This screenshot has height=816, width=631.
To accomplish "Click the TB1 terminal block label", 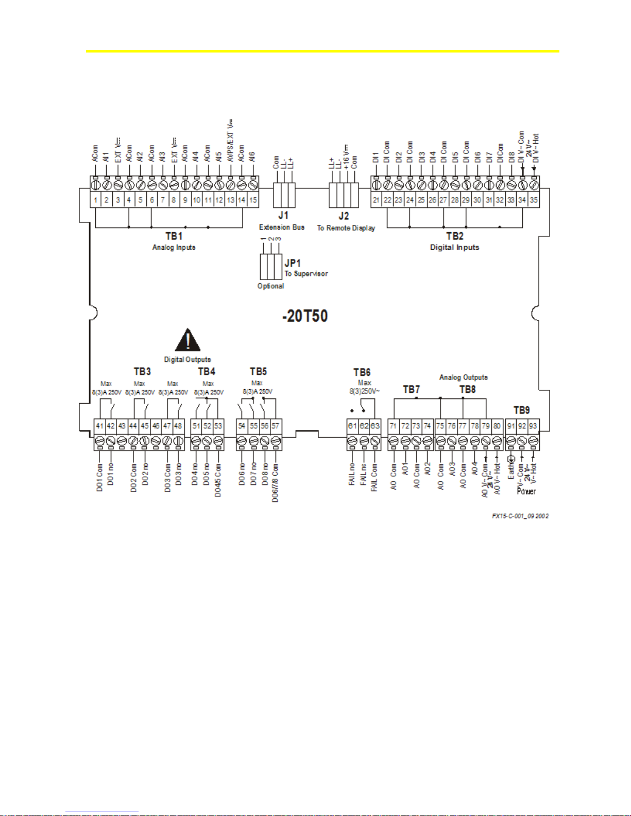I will pos(174,236).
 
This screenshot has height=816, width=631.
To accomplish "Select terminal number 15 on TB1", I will pos(253,200).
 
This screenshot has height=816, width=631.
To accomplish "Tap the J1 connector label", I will pos(283,215).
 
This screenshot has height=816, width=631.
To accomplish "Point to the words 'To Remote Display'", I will pos(346,228).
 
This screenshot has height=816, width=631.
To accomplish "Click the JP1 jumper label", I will pos(293,263).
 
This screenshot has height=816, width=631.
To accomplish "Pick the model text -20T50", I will pos(305,316).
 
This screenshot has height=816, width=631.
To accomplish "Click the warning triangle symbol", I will pos(188,340).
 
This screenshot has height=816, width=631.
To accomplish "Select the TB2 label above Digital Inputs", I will pos(454,236).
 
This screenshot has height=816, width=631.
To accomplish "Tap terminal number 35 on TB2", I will pos(534,200).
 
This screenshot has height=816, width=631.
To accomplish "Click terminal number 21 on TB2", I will pos(377,200).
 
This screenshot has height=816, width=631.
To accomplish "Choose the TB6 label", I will pos(362,372).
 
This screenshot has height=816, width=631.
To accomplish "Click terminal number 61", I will pos(352,426).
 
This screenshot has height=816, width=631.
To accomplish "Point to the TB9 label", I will pos(521,410).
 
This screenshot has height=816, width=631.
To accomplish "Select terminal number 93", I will pos(533,426).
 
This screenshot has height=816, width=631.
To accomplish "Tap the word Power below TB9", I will pos(526,491).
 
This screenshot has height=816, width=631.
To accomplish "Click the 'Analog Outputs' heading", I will pos(463,377).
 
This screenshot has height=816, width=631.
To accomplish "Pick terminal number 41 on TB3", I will pos(100,426).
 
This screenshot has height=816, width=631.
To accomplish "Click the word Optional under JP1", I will pos(270,286).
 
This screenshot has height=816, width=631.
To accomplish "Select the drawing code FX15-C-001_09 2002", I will pos(520,516).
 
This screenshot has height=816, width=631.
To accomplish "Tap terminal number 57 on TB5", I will pos(276,426).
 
